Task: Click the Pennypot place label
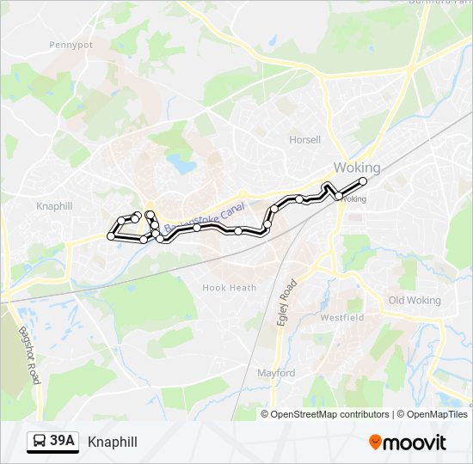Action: [x=71, y=45]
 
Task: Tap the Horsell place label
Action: [x=304, y=139]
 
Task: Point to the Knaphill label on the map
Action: [x=57, y=206]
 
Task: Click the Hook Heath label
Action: [x=229, y=288]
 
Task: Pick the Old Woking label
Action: [x=414, y=301]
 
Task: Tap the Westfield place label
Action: [x=342, y=317]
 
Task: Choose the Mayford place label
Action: [x=276, y=373]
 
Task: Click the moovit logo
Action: [x=408, y=443]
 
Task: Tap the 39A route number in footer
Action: [x=63, y=442]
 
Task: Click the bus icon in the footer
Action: [x=39, y=442]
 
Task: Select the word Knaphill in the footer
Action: [x=113, y=443]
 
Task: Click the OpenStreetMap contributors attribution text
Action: [x=329, y=414]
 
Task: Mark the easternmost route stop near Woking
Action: [x=363, y=181]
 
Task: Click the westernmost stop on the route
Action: [x=110, y=235]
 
